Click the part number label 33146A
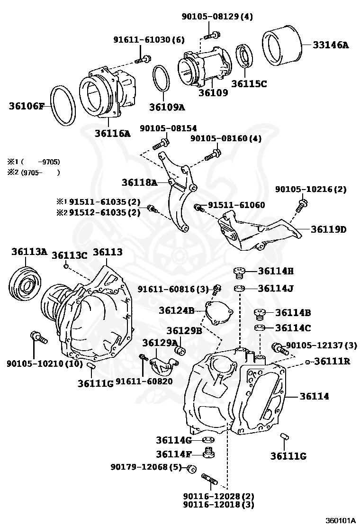[x=330, y=45]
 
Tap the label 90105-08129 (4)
[x=217, y=17]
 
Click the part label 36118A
[x=138, y=182]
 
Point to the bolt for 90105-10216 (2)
[x=301, y=205]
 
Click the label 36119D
[x=329, y=229]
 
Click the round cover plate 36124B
[x=219, y=313]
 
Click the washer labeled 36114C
[x=260, y=328]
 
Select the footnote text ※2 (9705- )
[x=34, y=172]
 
